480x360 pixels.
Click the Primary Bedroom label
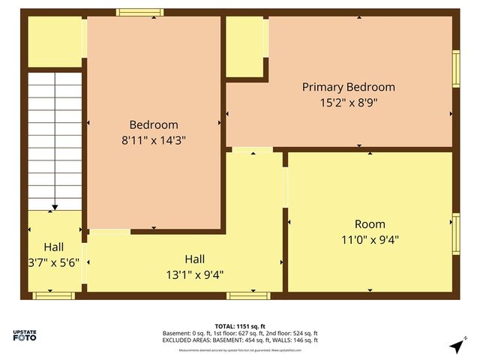pyautogui.click(x=348, y=87)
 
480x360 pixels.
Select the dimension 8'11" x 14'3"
pyautogui.click(x=154, y=140)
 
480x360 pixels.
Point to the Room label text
pyautogui.click(x=370, y=224)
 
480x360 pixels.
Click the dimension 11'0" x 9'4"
pyautogui.click(x=370, y=240)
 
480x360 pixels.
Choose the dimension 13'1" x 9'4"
pyautogui.click(x=184, y=274)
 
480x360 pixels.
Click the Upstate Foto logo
pyautogui.click(x=25, y=335)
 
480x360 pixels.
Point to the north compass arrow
pyautogui.click(x=455, y=346)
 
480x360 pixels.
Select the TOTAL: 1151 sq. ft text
pyautogui.click(x=240, y=326)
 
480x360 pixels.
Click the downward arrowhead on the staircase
pyautogui.click(x=55, y=206)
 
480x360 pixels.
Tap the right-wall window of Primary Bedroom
pyautogui.click(x=455, y=68)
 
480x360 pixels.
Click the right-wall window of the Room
pyautogui.click(x=455, y=233)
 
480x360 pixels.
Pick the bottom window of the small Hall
pyautogui.click(x=54, y=295)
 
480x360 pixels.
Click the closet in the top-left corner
pyautogui.click(x=55, y=41)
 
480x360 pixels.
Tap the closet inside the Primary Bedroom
pyautogui.click(x=244, y=46)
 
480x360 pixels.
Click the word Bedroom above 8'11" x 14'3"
pyautogui.click(x=154, y=124)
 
